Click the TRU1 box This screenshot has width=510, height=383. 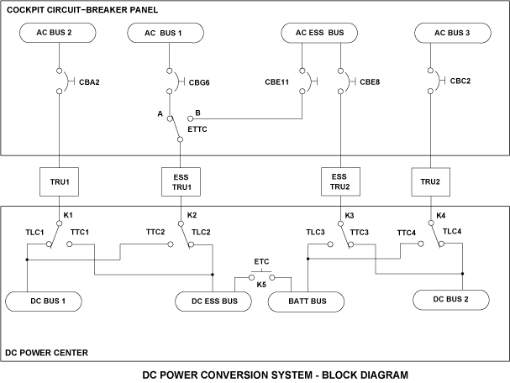point(59,180)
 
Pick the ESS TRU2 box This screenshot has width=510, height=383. point(340,180)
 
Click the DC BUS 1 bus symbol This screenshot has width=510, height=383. point(48,299)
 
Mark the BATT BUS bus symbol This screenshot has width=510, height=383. point(307,301)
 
